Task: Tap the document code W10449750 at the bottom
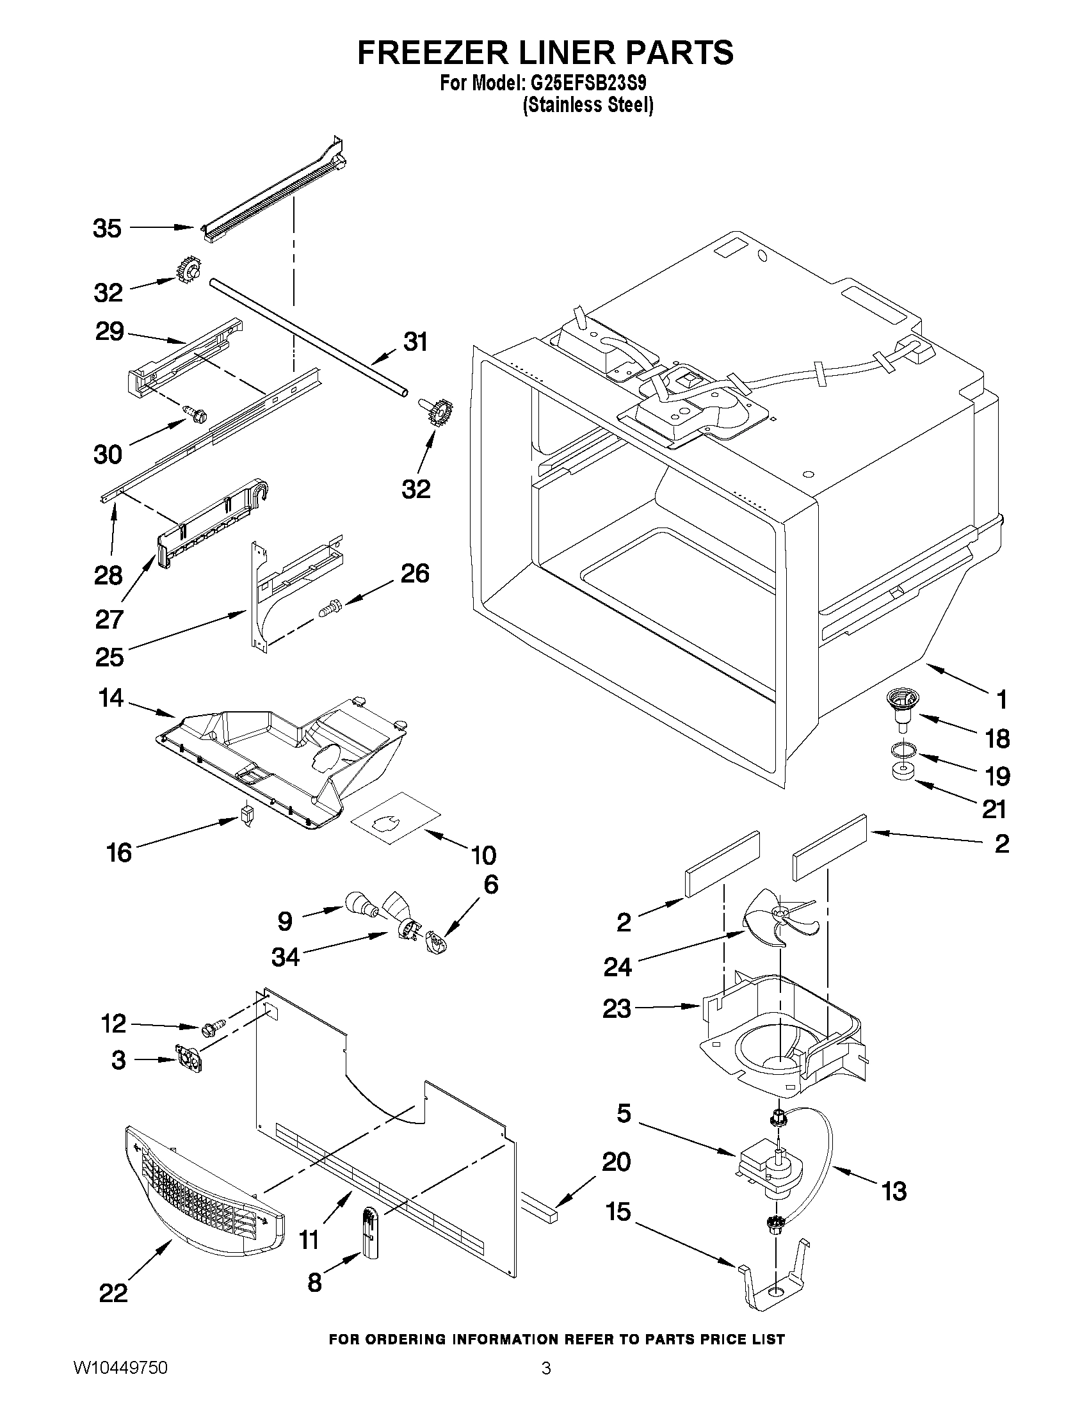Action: tap(120, 1381)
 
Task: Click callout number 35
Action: tap(107, 229)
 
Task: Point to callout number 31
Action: tap(415, 341)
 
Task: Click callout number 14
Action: tap(111, 698)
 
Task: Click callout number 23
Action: tap(616, 1008)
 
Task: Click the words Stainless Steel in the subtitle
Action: tap(587, 104)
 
